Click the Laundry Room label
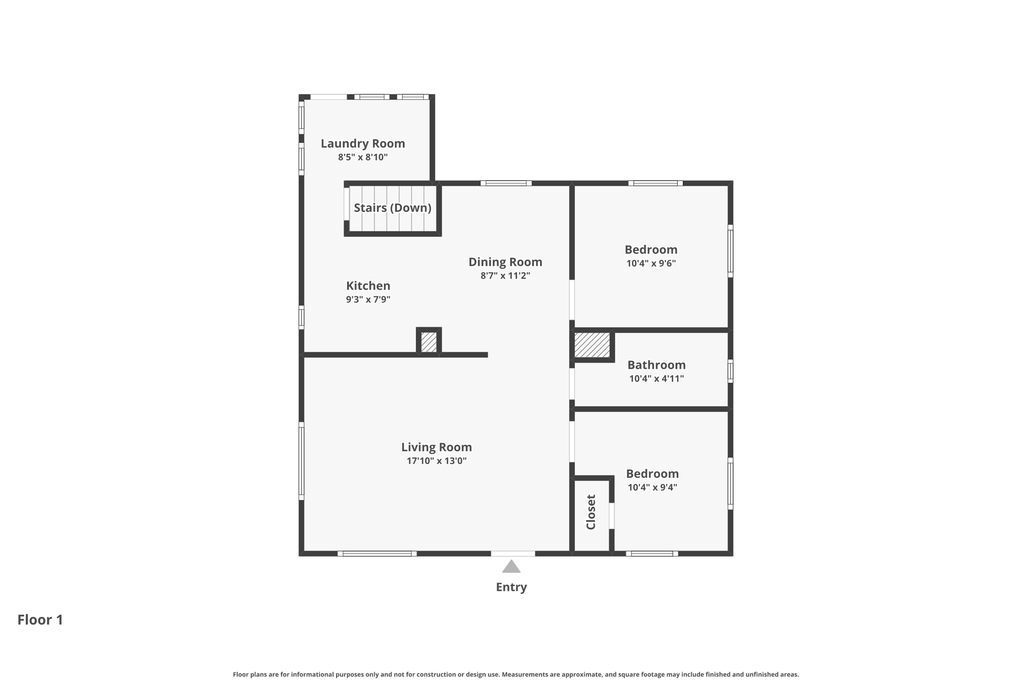[363, 144]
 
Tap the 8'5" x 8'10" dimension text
[363, 157]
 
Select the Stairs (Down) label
[392, 208]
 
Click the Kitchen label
[368, 286]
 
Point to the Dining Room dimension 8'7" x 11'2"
[505, 276]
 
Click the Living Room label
[436, 447]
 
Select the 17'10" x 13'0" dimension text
[436, 461]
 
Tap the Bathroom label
[656, 365]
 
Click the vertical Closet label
[591, 512]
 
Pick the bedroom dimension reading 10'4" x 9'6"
[651, 263]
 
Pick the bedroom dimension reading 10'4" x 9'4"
[652, 487]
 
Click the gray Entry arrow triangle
[511, 568]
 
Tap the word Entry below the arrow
[511, 587]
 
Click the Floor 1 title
[40, 620]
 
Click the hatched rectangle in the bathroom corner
[592, 345]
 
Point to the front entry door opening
[513, 553]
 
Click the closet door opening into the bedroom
[612, 516]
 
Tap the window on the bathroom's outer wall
[730, 371]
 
